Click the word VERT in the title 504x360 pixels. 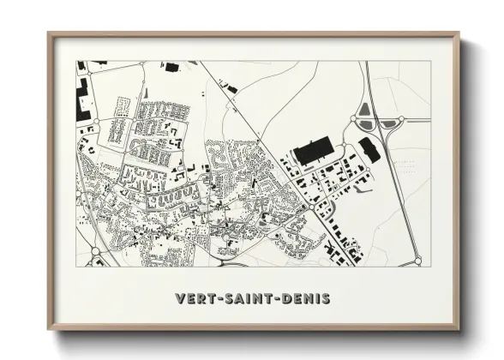[195, 299]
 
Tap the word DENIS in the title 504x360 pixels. [305, 299]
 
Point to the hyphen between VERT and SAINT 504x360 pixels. [218, 299]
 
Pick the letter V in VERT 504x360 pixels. [180, 299]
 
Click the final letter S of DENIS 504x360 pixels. [326, 299]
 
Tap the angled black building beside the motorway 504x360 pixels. [370, 149]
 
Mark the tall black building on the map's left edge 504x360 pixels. [84, 102]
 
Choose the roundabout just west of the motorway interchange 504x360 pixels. [354, 120]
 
